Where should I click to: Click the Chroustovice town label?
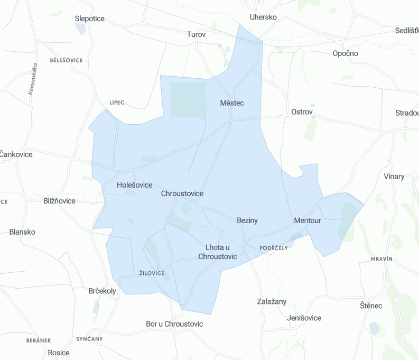click(182, 193)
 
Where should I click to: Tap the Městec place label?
click(232, 103)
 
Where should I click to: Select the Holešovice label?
click(134, 185)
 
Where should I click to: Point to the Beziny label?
click(247, 220)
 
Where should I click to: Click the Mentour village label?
click(308, 220)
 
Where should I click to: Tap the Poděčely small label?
click(274, 247)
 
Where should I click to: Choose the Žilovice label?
click(152, 273)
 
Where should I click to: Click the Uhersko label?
click(263, 17)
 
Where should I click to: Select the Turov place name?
click(196, 34)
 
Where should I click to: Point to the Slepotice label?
click(90, 19)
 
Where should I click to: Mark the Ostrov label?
click(302, 112)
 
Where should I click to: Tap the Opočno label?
click(346, 53)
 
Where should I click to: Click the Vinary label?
click(394, 177)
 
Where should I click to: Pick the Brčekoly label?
click(103, 291)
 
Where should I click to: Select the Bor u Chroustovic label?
click(174, 324)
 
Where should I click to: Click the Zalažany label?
click(272, 301)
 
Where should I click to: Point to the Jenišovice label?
click(304, 318)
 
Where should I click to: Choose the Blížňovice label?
click(60, 201)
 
